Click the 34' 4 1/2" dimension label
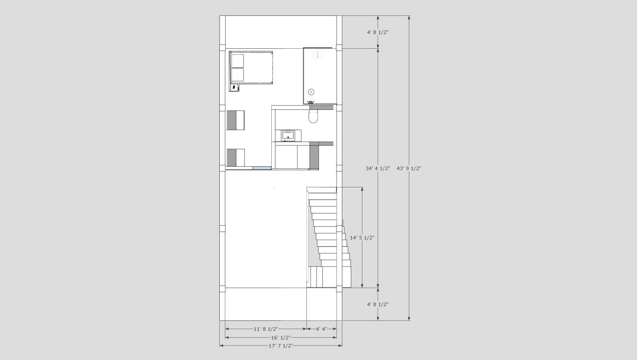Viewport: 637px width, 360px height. [377, 168]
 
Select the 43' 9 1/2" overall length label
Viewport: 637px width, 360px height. [409, 168]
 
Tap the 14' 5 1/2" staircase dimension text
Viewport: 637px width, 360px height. [362, 237]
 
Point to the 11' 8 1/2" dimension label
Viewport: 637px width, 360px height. [266, 329]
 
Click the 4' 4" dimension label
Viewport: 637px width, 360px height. [322, 329]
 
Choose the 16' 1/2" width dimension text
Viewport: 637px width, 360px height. [281, 338]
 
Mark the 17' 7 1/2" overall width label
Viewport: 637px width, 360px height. [281, 346]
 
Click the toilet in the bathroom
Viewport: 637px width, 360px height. [313, 117]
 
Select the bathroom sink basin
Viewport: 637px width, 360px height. [288, 135]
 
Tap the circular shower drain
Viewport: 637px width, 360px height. [312, 92]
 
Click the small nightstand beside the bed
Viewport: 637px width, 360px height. [234, 87]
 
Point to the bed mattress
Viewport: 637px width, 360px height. [252, 67]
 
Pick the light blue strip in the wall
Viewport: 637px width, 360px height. [262, 168]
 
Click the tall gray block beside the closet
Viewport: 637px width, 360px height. [314, 156]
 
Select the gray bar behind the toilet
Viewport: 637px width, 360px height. [321, 107]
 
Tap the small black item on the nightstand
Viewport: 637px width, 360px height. [234, 87]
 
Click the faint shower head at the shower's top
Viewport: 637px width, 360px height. [317, 54]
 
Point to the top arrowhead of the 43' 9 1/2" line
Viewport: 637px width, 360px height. [409, 18]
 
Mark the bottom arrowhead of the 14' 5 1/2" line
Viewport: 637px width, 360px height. [362, 286]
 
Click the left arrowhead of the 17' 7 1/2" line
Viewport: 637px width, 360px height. [221, 346]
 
